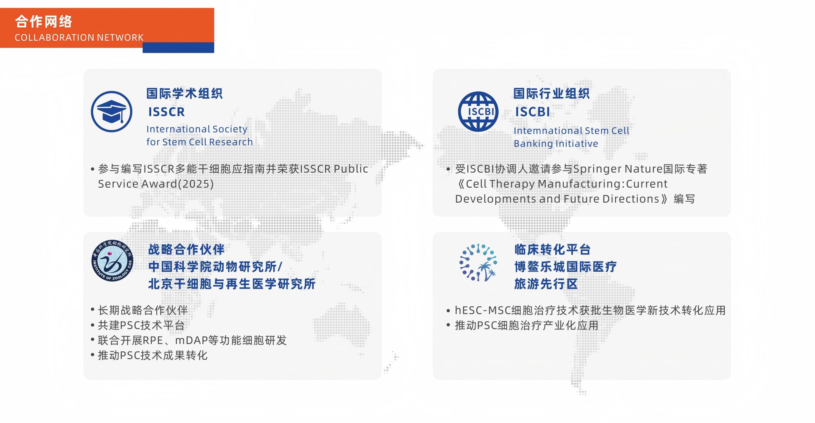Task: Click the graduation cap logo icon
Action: click(x=111, y=112)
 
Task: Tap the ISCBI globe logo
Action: click(x=478, y=112)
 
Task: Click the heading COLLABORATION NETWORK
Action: click(x=79, y=38)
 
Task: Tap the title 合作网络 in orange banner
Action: click(x=44, y=22)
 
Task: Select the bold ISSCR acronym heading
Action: click(x=167, y=112)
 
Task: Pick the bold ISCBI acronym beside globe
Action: click(x=533, y=112)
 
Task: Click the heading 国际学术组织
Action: click(x=185, y=94)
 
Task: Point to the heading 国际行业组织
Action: click(x=552, y=94)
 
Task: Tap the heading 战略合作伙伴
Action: click(x=187, y=249)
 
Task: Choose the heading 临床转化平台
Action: click(x=553, y=249)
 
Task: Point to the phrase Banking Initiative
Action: click(x=556, y=144)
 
